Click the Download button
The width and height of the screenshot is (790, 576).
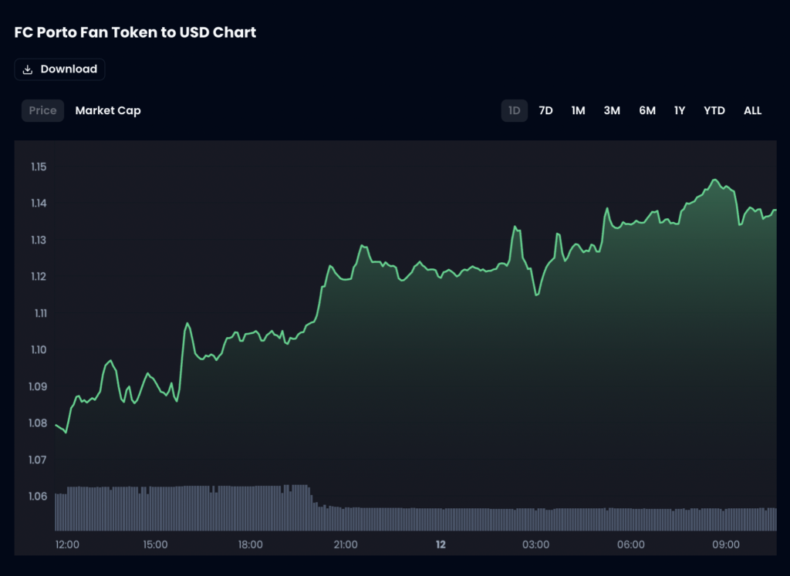coord(59,69)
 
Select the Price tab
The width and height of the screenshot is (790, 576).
coord(42,110)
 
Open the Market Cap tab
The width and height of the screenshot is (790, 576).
coord(108,110)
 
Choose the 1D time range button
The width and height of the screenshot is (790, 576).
coord(515,110)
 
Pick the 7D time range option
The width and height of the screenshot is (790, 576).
coord(545,110)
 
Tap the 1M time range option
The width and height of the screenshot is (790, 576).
coord(578,110)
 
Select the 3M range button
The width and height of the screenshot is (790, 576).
coord(612,110)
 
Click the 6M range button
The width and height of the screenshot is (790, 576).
coord(647,110)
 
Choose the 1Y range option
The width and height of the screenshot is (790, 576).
coord(680,110)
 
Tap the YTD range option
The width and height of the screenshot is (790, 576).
coord(714,110)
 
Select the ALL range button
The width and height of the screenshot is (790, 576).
coord(752,110)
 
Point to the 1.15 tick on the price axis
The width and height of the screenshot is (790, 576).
coord(39,167)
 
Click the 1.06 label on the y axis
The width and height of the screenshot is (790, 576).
coord(39,496)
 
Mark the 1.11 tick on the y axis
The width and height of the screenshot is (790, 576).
coord(39,313)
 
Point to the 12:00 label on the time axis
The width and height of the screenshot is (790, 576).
coord(67,544)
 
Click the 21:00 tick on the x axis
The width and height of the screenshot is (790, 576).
coord(346,544)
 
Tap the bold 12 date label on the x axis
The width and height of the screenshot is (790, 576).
coord(441,544)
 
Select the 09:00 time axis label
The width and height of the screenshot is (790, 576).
coord(726,544)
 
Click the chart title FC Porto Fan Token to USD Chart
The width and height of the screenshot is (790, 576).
coord(135,32)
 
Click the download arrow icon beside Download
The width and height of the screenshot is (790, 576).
coord(28,69)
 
